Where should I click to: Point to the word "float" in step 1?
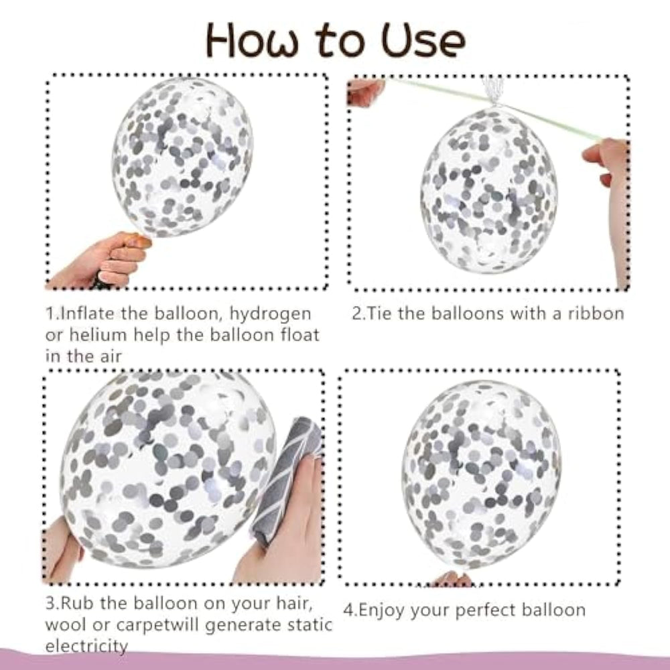(299, 334)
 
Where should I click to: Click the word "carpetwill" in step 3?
(157, 625)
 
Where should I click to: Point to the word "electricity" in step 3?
(86, 646)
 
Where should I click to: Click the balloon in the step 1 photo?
(183, 157)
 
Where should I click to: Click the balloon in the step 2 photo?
(488, 190)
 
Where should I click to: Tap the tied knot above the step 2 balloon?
(495, 103)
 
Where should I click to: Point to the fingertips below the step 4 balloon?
(453, 580)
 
